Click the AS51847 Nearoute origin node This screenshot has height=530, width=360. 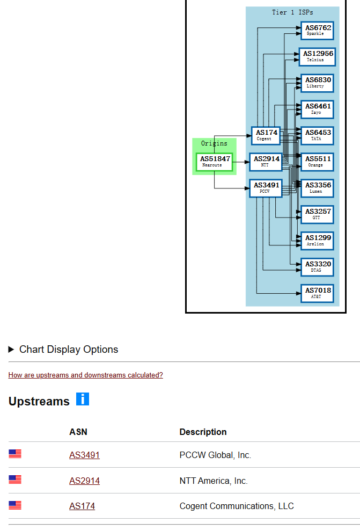[215, 162]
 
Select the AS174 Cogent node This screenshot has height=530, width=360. [266, 135]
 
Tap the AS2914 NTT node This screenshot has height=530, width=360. [266, 162]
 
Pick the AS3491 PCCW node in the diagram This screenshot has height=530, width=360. [266, 188]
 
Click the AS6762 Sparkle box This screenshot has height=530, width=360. [318, 31]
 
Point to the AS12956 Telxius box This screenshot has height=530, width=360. [318, 56]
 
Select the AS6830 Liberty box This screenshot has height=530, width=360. [318, 83]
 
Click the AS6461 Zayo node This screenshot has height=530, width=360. [318, 109]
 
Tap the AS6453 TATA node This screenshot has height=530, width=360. [318, 135]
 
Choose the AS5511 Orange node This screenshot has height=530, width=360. [318, 162]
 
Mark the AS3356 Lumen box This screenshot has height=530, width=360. [318, 188]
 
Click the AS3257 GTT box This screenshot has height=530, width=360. [318, 214]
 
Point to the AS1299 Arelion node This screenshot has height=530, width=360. [318, 241]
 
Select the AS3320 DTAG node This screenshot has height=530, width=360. [318, 267]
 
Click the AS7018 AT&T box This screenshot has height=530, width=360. [318, 293]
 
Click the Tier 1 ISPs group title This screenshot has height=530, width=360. [292, 12]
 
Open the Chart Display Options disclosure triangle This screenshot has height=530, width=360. [12, 350]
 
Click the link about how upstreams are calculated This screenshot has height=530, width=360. [85, 375]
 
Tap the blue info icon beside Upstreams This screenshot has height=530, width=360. [82, 399]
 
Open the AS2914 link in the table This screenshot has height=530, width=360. [84, 481]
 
